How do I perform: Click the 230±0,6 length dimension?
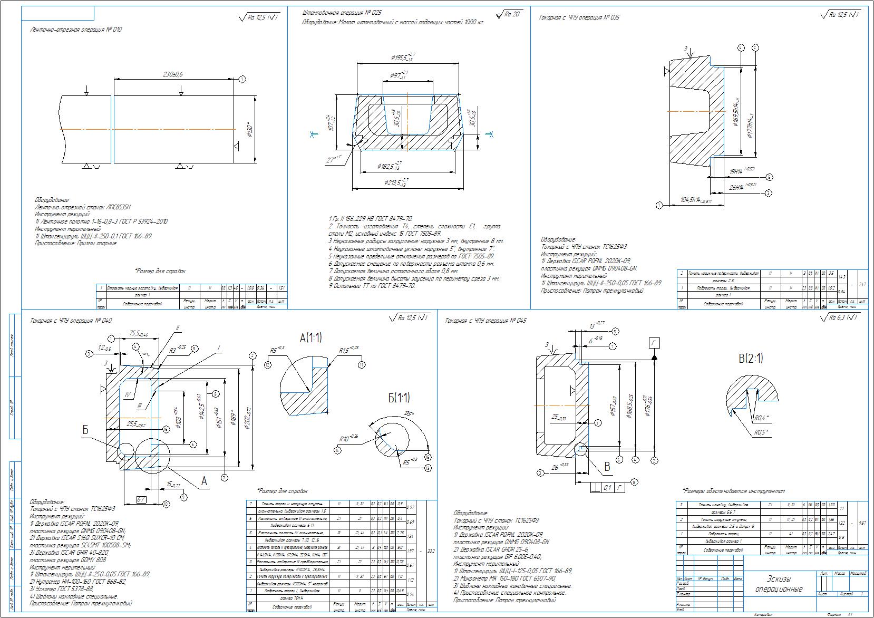172,75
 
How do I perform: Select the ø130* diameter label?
251,130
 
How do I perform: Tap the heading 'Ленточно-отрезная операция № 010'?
76,30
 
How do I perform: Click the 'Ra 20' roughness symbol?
510,14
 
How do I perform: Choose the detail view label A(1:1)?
310,338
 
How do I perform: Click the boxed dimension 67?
141,499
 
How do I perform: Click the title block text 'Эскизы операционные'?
778,584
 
